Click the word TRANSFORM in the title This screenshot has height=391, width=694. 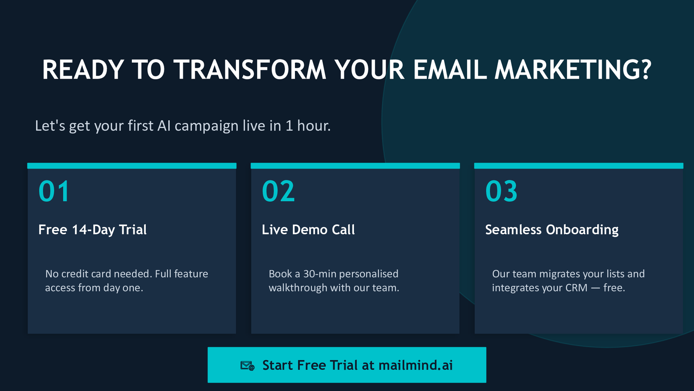tap(250, 70)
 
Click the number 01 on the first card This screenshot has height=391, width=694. tap(54, 191)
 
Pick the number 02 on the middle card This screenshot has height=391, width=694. tap(278, 191)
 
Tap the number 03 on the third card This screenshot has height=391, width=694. tap(501, 191)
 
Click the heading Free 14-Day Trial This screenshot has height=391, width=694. tap(92, 230)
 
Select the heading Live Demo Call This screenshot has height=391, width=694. tap(308, 230)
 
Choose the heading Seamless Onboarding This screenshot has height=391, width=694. tap(552, 230)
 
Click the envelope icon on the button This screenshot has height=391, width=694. tap(248, 365)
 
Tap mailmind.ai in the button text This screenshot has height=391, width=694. tap(416, 365)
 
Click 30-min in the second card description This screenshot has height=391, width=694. tap(320, 274)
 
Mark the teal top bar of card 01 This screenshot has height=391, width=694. tap(132, 166)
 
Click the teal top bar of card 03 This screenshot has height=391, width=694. tap(579, 166)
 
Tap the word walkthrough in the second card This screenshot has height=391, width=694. tap(298, 288)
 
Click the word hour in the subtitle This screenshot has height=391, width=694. tap(314, 126)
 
